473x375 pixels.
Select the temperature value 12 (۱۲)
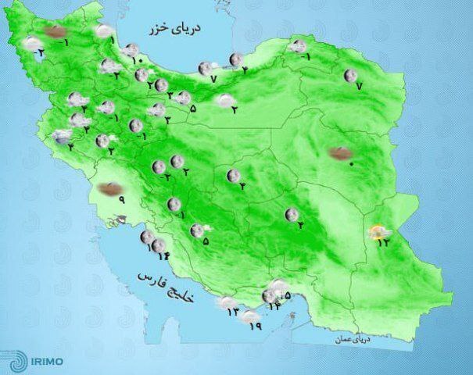tap(383, 242)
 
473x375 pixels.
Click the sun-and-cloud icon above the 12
tap(378, 230)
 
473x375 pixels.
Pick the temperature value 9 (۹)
tap(122, 200)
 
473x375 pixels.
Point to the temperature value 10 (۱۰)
tap(134, 60)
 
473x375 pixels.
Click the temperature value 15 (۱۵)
tap(286, 295)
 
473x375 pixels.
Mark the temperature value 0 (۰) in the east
tap(351, 164)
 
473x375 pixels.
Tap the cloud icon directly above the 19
tap(250, 316)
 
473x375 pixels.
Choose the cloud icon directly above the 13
tap(228, 302)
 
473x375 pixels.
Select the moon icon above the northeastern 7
tap(351, 75)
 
